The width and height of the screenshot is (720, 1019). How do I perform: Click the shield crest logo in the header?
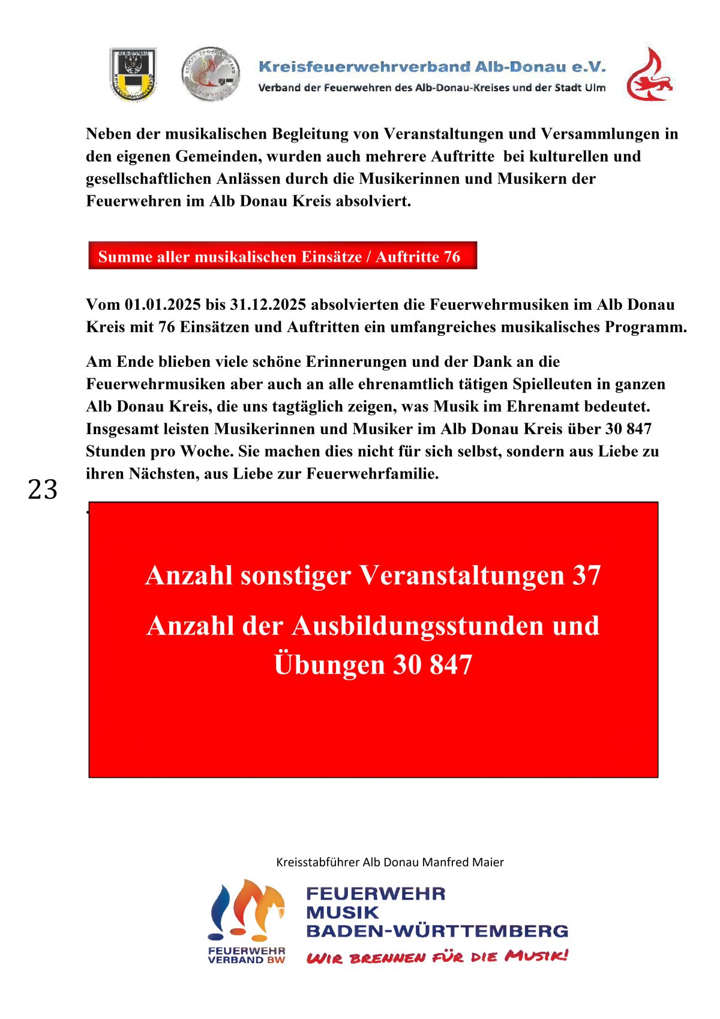133,74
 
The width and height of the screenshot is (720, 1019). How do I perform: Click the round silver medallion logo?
211,74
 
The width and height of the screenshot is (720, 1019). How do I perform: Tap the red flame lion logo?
649,74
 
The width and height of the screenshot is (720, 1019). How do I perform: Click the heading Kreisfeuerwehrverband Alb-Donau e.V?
432,67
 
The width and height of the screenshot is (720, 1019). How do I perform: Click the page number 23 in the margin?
43,489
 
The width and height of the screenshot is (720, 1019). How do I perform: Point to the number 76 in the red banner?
452,257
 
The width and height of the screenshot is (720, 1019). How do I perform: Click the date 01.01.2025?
163,304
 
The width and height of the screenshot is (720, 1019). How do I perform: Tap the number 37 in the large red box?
586,575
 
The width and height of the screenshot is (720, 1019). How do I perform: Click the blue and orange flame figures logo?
246,910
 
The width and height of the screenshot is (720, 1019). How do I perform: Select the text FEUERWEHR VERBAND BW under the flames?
246,955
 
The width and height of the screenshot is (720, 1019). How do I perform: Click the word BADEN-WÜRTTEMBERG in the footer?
437,931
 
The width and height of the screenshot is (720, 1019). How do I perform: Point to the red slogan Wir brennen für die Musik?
437,957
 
